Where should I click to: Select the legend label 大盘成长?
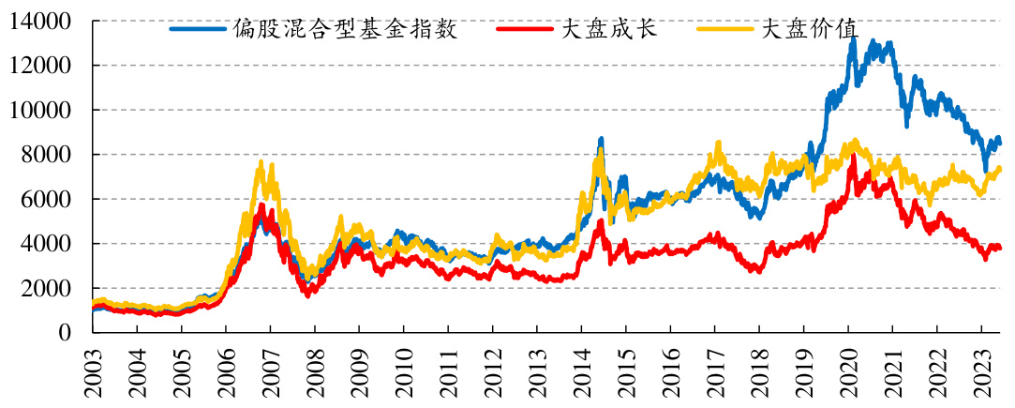pos(608,29)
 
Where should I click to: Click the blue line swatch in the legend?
pos(198,29)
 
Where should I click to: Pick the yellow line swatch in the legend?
pos(726,29)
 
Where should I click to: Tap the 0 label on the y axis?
pos(65,332)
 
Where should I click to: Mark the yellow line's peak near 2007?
pos(261,163)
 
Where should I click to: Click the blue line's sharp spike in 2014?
pos(601,139)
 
